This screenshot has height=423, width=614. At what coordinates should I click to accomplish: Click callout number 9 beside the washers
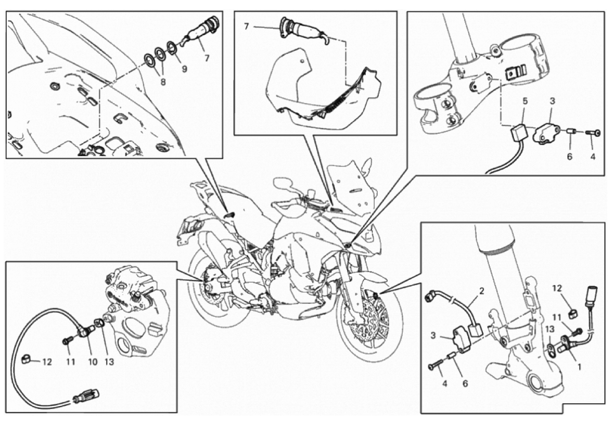[184, 69]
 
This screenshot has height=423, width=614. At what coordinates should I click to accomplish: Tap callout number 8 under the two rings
[163, 82]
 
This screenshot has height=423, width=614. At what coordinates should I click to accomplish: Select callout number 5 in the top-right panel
[525, 101]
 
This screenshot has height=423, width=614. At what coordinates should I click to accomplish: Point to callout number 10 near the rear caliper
[93, 362]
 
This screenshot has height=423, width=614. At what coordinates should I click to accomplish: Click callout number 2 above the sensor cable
[482, 291]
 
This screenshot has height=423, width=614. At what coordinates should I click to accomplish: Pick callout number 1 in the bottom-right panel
[580, 367]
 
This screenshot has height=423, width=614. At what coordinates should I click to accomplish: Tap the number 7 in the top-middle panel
[246, 27]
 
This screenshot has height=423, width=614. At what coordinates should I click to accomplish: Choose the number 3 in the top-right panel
[553, 101]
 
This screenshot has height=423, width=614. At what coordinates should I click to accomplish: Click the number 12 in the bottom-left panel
[47, 362]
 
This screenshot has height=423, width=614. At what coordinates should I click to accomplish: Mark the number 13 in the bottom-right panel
[549, 328]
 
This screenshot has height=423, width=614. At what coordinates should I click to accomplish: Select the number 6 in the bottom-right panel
[465, 384]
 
